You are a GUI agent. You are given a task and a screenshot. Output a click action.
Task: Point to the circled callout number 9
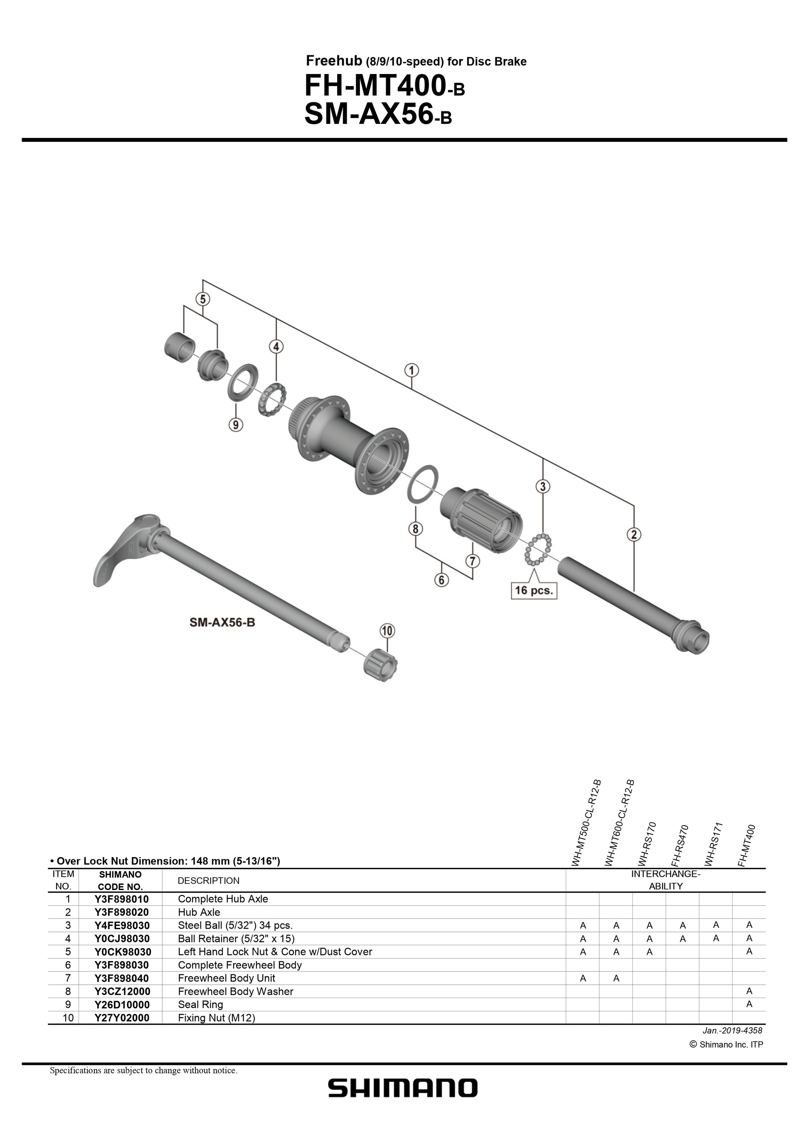236,424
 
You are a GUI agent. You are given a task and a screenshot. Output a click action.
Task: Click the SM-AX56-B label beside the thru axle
222,622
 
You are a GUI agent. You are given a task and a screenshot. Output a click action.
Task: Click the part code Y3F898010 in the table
121,899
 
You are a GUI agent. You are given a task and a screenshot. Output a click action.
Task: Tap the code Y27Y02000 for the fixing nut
121,1018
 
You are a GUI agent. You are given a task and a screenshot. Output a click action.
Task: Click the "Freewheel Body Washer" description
235,991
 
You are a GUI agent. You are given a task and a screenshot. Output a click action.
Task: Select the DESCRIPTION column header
208,880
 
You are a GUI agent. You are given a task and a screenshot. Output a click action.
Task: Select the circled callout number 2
634,535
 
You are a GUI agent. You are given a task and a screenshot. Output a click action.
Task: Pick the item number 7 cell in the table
68,978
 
